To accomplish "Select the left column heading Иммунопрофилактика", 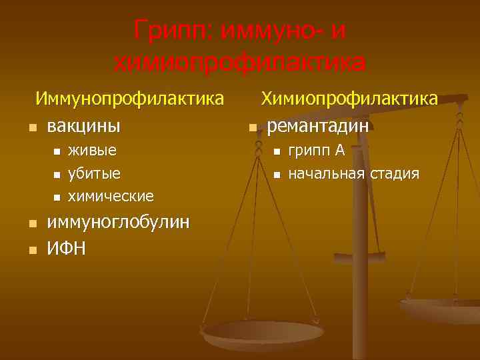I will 129,99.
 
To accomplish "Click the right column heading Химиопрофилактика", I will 349,99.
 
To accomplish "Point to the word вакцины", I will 84,125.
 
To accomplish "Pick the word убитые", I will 95,173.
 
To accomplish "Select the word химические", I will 111,197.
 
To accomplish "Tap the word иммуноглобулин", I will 118,222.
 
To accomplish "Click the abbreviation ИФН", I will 66,249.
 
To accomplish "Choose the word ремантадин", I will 318,125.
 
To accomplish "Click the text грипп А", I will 316,150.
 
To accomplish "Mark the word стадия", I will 395,174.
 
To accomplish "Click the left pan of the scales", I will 263,333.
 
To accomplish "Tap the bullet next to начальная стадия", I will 275,175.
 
